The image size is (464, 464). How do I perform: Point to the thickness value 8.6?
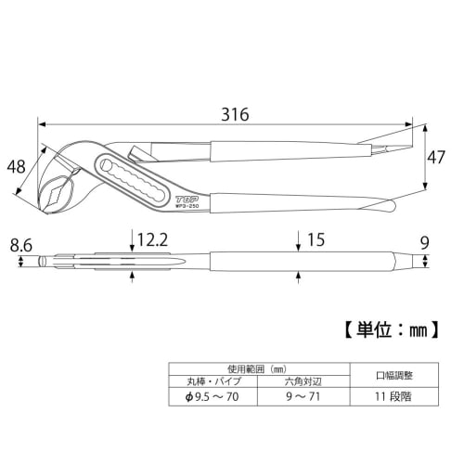click(21, 247)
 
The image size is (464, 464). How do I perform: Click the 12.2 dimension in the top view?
click(152, 241)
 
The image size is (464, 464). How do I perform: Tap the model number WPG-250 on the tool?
click(189, 206)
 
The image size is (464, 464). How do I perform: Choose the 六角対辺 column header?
click(303, 380)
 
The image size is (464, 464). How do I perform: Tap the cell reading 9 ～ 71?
click(303, 395)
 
